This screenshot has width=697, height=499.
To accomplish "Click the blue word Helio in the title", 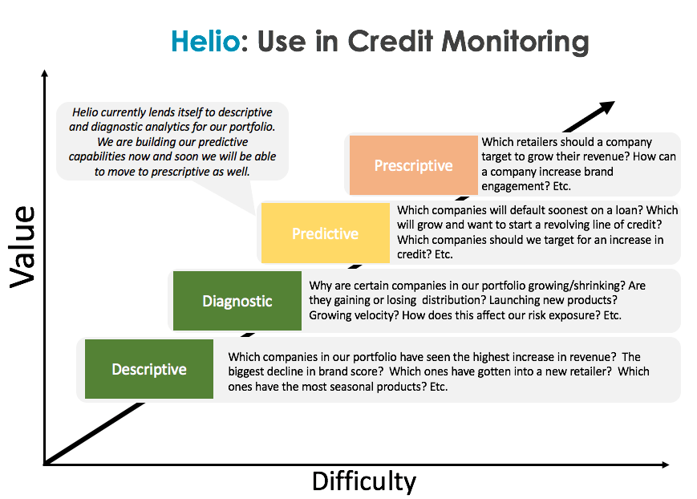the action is pos(206,42).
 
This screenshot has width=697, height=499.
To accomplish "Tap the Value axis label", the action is pos(22,247).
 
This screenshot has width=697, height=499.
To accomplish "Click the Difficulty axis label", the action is pos(364,481).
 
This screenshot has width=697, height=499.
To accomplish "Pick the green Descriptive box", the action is pos(149,369).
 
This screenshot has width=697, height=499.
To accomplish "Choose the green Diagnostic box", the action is pos(237,301).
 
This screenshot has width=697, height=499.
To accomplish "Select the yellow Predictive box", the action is pos(326,233).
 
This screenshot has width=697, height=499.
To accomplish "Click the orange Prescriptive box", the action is pos(413,165).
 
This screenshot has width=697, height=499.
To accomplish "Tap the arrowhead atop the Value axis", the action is pos(44,73).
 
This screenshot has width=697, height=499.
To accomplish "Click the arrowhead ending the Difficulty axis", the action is pos(665,465).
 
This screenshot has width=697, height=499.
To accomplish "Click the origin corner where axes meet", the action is pos(44,465).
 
